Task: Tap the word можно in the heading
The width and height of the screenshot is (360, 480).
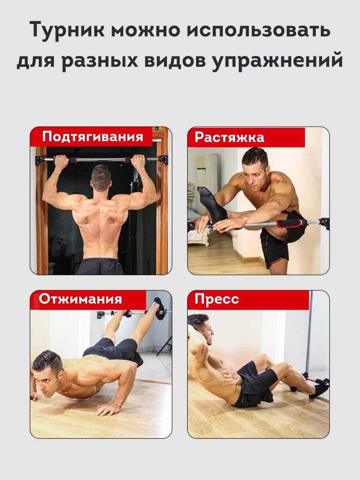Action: tap(146, 30)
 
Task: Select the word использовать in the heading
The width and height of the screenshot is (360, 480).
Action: tap(258, 30)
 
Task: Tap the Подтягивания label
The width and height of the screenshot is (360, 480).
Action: tap(93, 137)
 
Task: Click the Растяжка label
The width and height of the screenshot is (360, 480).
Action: tap(230, 138)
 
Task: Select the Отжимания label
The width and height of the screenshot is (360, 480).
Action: tap(80, 299)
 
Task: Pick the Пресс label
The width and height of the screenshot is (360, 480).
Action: tap(217, 299)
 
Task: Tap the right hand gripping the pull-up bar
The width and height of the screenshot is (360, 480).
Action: tap(138, 162)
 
